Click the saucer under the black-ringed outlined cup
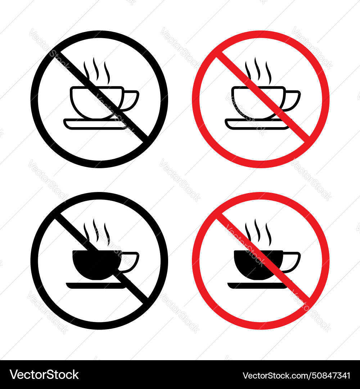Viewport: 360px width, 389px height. pyautogui.click(x=86, y=124)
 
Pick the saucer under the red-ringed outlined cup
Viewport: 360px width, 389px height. pyautogui.click(x=248, y=124)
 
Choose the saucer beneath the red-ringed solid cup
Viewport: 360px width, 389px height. pyautogui.click(x=248, y=286)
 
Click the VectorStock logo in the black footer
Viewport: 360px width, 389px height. pyautogui.click(x=44, y=375)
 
